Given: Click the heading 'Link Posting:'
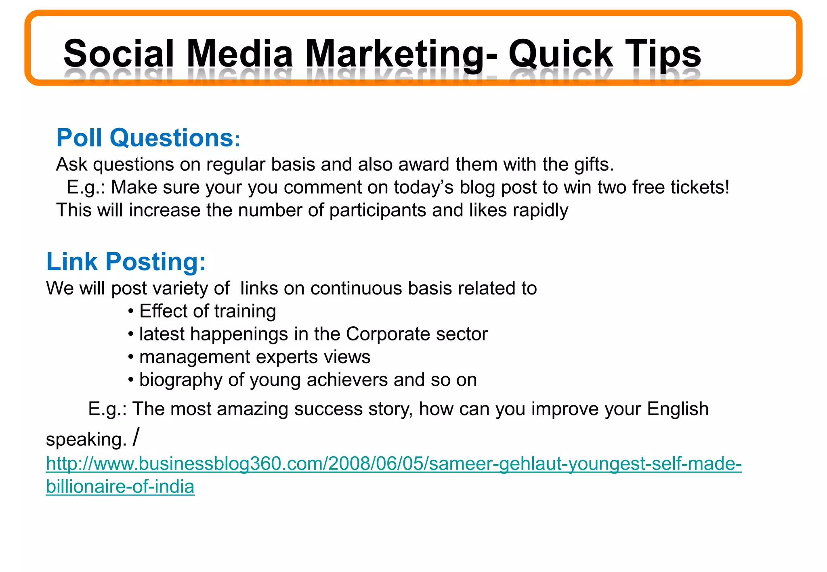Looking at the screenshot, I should tap(126, 262).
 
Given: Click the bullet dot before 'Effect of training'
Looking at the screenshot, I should tap(130, 312).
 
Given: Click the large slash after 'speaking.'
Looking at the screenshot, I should tap(136, 437).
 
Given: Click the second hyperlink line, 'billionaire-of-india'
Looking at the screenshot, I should tap(120, 487).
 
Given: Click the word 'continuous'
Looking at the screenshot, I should tap(356, 288).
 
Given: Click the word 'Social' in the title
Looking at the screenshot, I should tap(119, 54).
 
